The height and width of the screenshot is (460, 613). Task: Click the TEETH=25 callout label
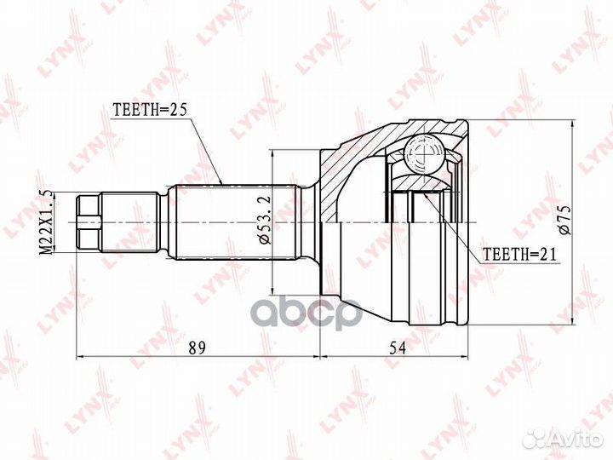coord(149,109)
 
